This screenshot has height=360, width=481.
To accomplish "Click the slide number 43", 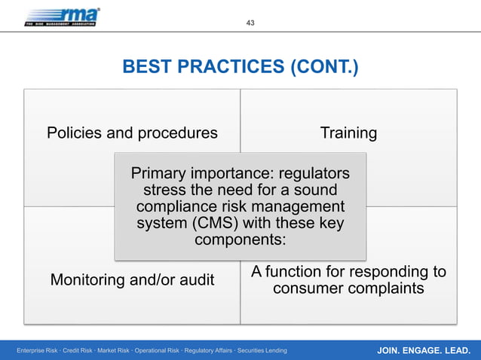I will pos(250,23).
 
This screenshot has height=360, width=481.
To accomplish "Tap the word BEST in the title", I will pos(147,69).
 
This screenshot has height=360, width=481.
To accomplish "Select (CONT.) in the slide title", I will pos(322,69).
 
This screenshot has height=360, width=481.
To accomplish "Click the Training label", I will pos(348,133).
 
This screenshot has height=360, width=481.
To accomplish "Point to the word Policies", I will pos(75,133).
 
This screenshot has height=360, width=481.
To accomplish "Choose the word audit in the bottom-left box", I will pos(195,280).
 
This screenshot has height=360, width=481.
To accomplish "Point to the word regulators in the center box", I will pos(311,173).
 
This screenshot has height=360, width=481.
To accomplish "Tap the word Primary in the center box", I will pos(161,173).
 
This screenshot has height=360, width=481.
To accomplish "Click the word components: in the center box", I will pos(240,240).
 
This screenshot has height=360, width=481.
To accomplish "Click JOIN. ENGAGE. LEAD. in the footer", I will pos(422,350).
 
